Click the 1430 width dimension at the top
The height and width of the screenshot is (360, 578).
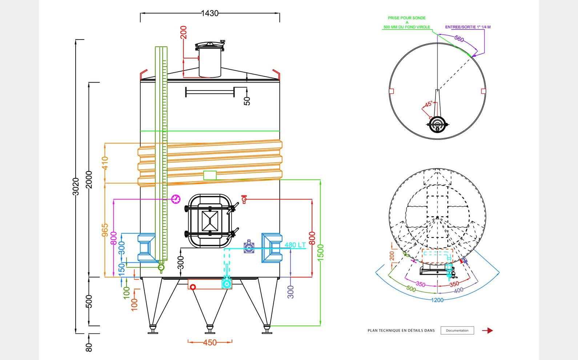click(x=210, y=13)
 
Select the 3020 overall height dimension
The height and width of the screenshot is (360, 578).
click(x=76, y=186)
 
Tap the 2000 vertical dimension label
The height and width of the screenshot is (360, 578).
click(x=89, y=179)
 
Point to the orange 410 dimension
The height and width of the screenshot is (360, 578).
click(x=105, y=163)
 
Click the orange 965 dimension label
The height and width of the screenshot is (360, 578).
click(x=105, y=230)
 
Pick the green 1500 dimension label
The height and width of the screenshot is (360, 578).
click(x=320, y=252)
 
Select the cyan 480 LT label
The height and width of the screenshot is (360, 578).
click(x=295, y=245)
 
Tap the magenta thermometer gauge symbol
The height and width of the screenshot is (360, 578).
click(x=176, y=199)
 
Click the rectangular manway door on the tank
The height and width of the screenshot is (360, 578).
click(x=210, y=221)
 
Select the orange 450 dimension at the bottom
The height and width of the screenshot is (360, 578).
click(x=210, y=343)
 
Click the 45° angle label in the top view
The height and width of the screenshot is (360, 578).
click(x=429, y=104)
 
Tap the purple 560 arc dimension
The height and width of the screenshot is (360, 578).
click(x=459, y=39)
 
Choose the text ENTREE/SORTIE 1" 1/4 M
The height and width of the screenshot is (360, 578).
click(x=468, y=27)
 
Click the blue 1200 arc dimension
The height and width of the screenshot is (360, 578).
click(x=437, y=300)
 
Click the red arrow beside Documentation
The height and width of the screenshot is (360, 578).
click(x=487, y=331)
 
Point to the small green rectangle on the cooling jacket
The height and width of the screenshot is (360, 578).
click(x=210, y=175)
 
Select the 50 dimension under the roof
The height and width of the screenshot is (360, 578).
click(x=247, y=101)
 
